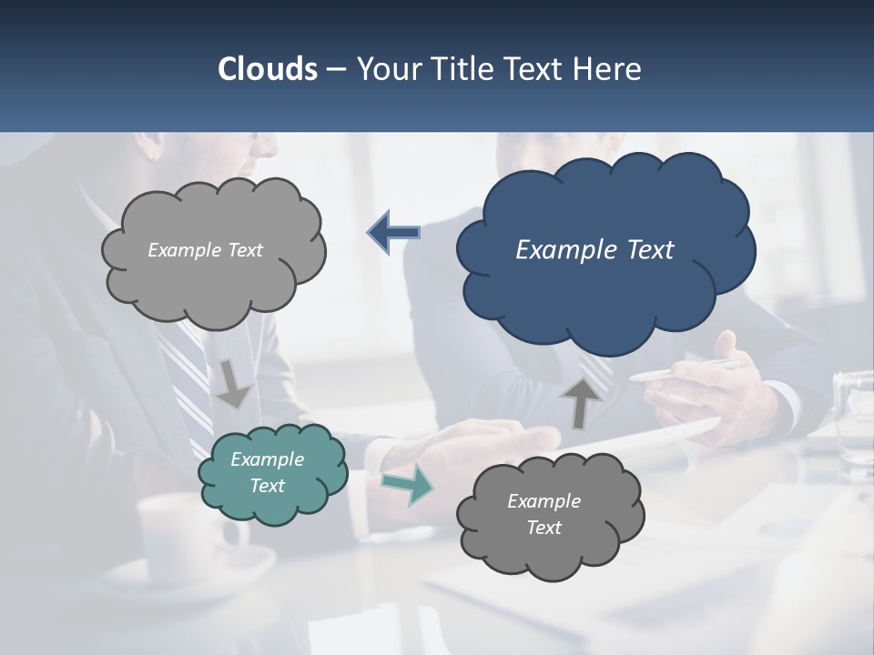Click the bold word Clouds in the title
(267, 69)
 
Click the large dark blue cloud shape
(605, 291)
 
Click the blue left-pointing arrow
(393, 232)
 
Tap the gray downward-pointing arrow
(233, 383)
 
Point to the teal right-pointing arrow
(407, 484)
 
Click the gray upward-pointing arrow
(580, 403)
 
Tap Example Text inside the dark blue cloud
(595, 250)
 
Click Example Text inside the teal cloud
(268, 472)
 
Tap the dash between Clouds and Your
(335, 69)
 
